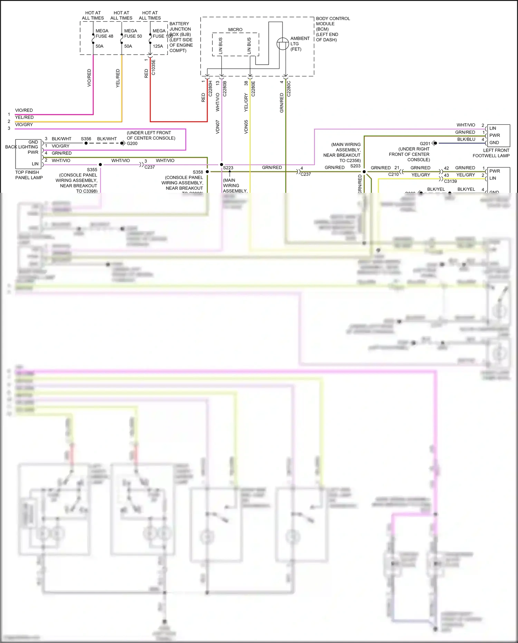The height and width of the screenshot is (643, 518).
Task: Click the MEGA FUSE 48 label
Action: pos(104,34)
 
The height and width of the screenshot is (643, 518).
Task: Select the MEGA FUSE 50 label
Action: pos(133,34)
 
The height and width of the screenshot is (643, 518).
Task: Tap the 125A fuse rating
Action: pos(158,46)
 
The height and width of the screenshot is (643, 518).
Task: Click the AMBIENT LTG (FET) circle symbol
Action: pos(282,44)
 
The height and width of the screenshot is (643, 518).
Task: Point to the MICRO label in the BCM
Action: pos(235,30)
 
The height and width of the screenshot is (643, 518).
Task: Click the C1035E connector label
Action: pos(153,67)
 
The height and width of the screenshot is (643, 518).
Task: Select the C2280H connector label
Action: pos(210,89)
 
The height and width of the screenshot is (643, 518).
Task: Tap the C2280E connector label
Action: pos(253,89)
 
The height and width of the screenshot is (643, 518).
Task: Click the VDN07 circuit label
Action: pos(218,127)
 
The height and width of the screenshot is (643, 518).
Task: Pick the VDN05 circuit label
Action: pos(246,127)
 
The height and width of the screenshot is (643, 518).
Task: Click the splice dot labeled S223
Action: pos(221,165)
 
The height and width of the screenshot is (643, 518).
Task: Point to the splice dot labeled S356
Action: pos(86,143)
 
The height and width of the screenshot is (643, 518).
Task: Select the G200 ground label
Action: pos(132,143)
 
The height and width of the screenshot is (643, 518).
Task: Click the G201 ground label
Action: pos(425,143)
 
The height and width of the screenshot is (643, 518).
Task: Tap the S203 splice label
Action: pos(355,166)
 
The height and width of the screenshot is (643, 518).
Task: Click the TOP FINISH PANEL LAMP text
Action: pos(29,175)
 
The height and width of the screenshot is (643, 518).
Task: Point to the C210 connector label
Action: pos(393,174)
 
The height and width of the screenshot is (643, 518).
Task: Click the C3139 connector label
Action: pos(450,181)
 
